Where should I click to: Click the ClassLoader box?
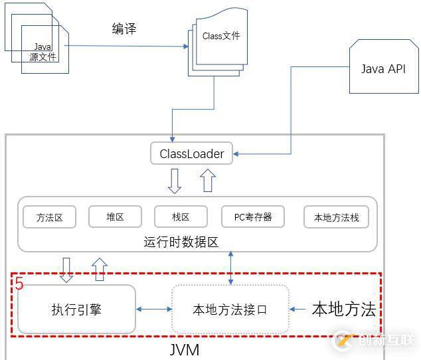[x=192, y=154]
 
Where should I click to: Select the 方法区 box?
[x=50, y=217]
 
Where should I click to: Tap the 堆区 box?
[x=115, y=217]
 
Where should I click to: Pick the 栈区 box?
[x=181, y=217]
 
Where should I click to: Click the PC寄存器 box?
[x=253, y=217]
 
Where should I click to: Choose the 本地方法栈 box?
[x=336, y=217]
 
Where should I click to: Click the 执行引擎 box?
[x=76, y=309]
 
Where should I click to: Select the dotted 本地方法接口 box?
[x=230, y=310]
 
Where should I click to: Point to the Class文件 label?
[x=221, y=37]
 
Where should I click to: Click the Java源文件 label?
[x=43, y=52]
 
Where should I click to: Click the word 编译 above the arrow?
[x=125, y=29]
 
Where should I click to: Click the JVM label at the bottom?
[x=184, y=349]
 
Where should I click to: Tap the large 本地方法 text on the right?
[x=344, y=309]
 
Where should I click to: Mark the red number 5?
[x=19, y=284]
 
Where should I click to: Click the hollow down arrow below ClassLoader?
[x=174, y=181]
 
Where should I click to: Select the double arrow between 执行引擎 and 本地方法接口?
[x=153, y=310]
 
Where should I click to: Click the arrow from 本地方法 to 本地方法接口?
[x=300, y=310]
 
